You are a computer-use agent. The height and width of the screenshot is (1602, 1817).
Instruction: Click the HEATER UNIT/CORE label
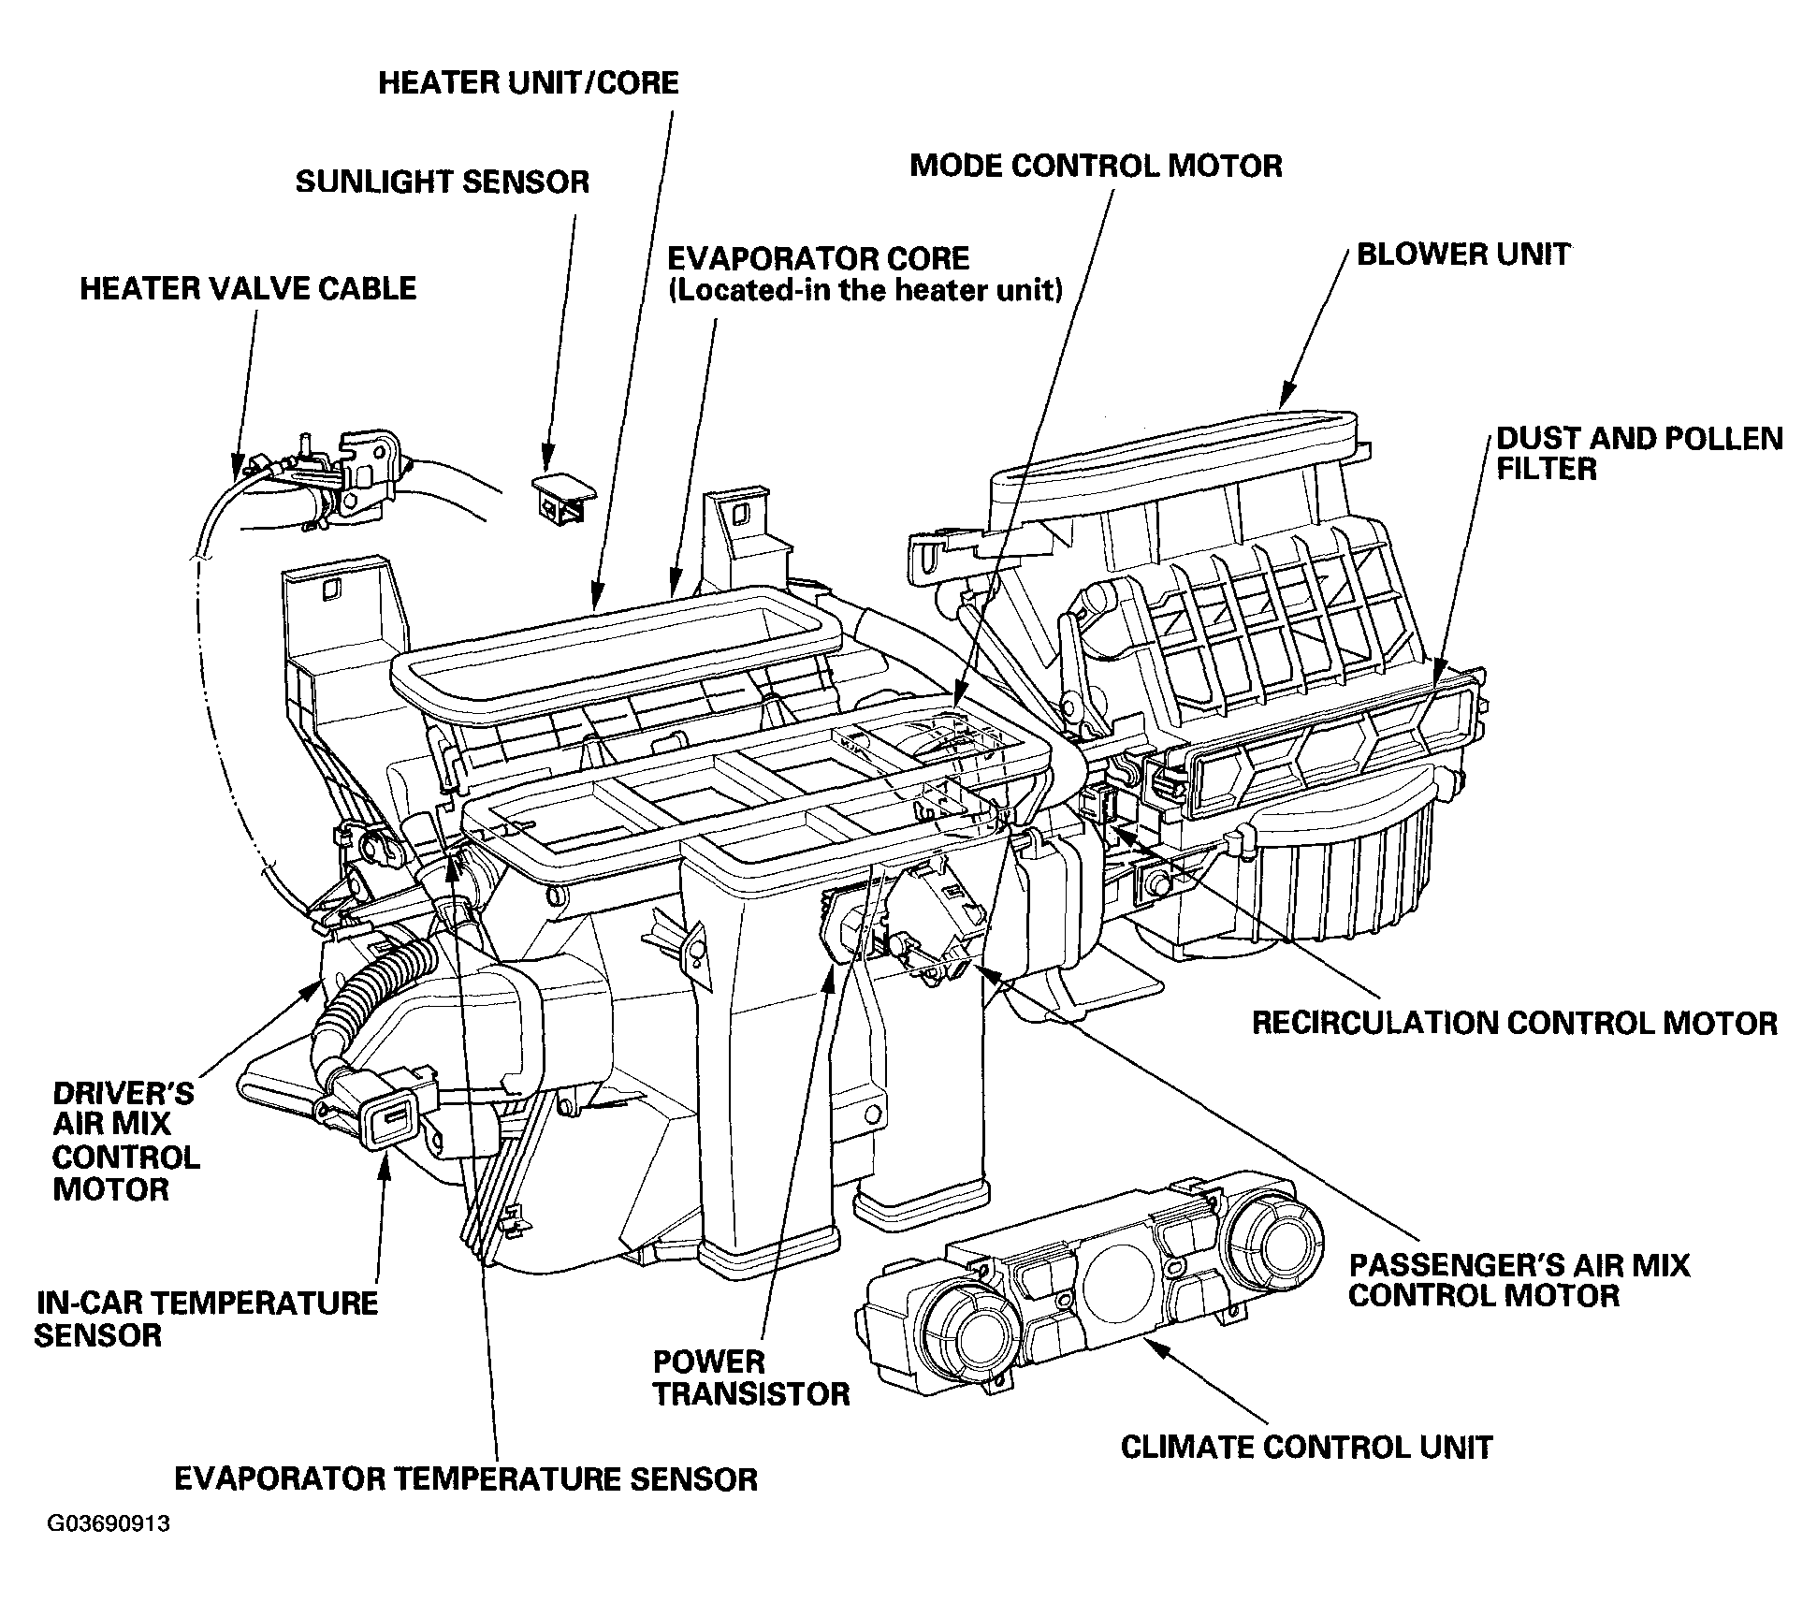coord(529,83)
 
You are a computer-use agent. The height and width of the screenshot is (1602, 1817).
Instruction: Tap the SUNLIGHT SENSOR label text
coord(443,182)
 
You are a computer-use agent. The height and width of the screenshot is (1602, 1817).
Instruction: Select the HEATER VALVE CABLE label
coord(248,288)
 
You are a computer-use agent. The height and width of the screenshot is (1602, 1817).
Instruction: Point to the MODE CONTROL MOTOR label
coord(1096,167)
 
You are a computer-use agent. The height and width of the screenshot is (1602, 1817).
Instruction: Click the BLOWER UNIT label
coord(1462,255)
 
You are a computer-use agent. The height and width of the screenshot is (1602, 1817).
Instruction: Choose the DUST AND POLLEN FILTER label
coord(1639,454)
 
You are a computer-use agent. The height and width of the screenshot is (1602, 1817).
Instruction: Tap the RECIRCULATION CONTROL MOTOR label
coord(1515,1023)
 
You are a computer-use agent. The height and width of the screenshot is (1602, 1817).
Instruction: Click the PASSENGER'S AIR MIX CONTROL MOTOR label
coord(1519,1280)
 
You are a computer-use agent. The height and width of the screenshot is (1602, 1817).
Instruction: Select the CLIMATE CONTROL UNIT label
coord(1306,1448)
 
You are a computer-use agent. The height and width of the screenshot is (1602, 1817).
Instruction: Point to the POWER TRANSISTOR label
coord(751,1377)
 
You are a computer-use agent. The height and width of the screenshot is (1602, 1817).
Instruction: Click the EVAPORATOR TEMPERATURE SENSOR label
coord(466,1479)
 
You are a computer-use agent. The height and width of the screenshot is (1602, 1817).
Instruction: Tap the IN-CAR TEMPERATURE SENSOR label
coord(206,1318)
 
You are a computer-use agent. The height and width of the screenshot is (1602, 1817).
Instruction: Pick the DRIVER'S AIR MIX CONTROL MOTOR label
coord(125,1141)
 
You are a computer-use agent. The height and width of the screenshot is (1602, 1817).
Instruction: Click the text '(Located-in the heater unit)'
coord(865,290)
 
